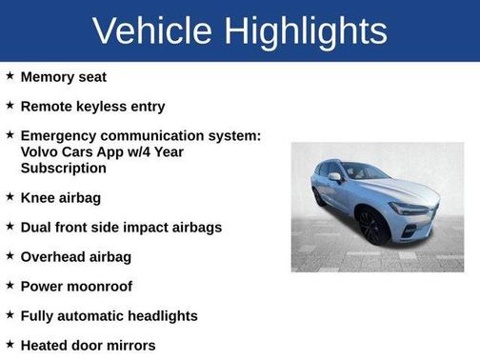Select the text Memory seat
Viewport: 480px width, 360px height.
click(x=63, y=76)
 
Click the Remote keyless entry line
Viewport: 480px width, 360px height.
click(x=92, y=107)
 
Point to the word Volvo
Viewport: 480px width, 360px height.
click(x=40, y=151)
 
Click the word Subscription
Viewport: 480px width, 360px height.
click(x=64, y=168)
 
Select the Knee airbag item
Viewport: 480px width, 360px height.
click(x=60, y=197)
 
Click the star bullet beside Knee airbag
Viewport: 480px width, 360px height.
click(x=10, y=197)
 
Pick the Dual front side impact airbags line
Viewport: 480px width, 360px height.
click(x=121, y=227)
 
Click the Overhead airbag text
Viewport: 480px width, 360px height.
click(x=76, y=256)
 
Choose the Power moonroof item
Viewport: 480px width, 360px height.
click(x=76, y=286)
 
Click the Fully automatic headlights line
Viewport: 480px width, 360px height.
click(x=109, y=315)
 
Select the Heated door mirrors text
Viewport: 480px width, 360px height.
click(x=88, y=345)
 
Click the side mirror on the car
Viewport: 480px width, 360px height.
click(x=336, y=177)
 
